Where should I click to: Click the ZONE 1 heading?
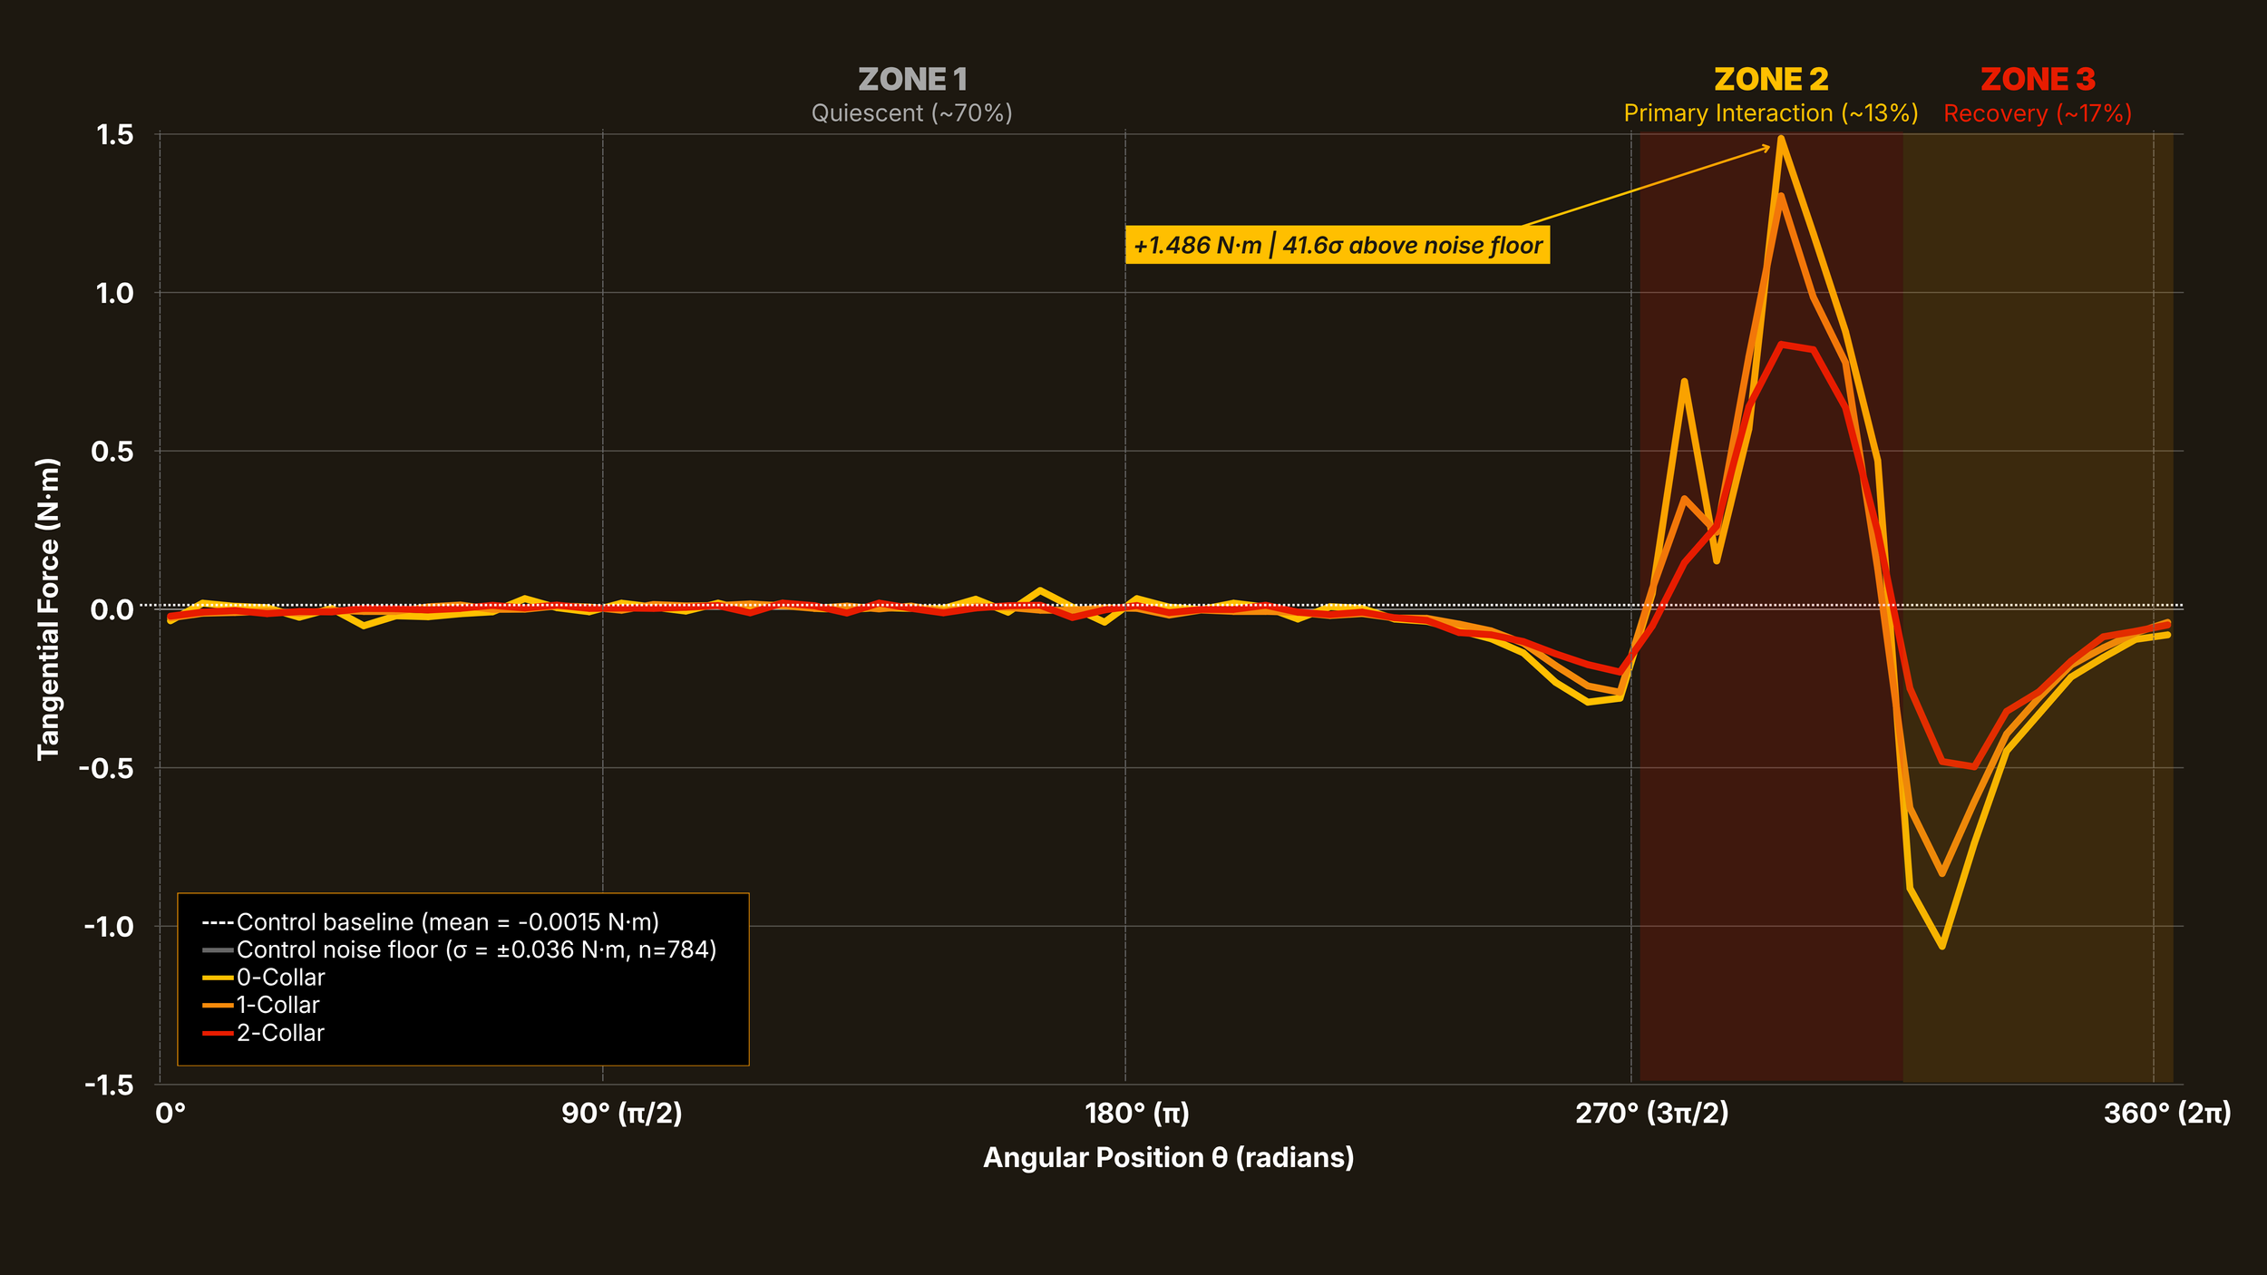click(x=912, y=80)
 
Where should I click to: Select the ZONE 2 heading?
click(x=1771, y=80)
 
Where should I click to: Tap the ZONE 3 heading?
click(x=2038, y=80)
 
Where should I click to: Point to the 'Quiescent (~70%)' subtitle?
click(x=911, y=113)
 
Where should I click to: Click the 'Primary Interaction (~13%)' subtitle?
click(x=1771, y=113)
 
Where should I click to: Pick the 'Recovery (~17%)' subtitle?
click(x=2038, y=113)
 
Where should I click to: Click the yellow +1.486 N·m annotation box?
click(x=1338, y=245)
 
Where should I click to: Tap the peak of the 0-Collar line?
click(x=1782, y=138)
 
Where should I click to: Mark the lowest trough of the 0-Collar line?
click(x=1941, y=947)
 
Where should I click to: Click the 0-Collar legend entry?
click(x=264, y=978)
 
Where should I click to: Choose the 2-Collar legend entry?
click(x=264, y=1033)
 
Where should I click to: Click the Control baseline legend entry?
click(x=431, y=922)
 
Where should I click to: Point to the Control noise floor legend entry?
click(x=460, y=949)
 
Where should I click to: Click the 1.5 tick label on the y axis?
click(x=115, y=135)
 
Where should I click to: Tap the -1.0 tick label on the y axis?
click(x=109, y=927)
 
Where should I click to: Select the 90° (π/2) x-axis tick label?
click(x=622, y=1114)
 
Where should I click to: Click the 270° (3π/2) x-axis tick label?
click(x=1652, y=1114)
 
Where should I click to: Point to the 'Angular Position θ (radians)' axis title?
click(x=1169, y=1158)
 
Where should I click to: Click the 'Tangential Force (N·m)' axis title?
click(x=48, y=609)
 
